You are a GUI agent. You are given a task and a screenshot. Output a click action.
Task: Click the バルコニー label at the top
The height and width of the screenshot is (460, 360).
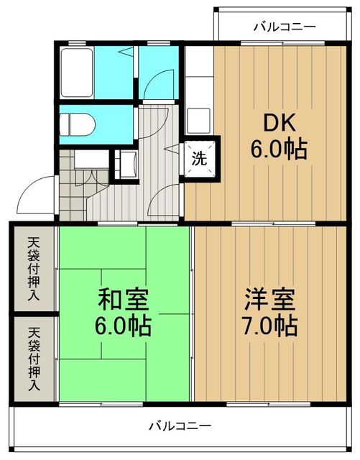pos(285,27)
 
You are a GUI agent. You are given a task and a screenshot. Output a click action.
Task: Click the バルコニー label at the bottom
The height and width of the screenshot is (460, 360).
pos(180,425)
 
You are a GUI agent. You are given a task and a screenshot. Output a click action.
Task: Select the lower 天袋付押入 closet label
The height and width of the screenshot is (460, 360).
pos(34,359)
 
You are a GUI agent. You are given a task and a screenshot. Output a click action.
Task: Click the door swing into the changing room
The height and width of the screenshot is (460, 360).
pos(154,81)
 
